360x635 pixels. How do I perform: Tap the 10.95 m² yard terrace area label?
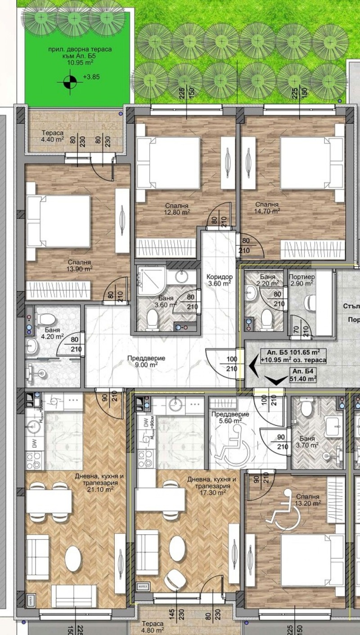pos(74,56)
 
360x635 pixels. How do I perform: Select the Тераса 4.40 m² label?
pos(52,136)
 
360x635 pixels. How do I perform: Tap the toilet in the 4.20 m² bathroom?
pos(44,321)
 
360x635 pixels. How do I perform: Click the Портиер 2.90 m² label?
pos(301,280)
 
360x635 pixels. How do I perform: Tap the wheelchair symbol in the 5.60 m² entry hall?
pos(232,448)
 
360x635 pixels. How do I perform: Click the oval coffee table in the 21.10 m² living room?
pos(73,558)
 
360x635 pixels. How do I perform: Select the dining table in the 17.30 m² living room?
pos(161,499)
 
